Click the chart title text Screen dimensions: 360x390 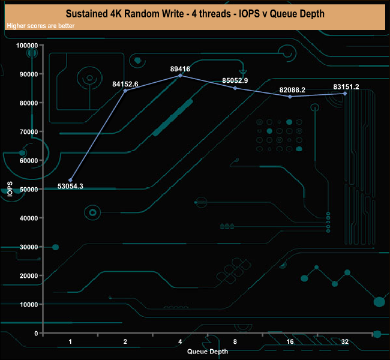pyautogui.click(x=194, y=13)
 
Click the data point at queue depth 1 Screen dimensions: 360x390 pyautogui.click(x=71, y=180)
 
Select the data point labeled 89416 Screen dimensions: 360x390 pyautogui.click(x=181, y=76)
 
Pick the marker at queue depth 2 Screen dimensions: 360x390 pyautogui.click(x=125, y=91)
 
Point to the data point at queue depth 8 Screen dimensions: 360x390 pyautogui.click(x=235, y=88)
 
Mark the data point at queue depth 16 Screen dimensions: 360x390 pyautogui.click(x=290, y=97)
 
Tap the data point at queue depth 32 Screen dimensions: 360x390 pyautogui.click(x=345, y=94)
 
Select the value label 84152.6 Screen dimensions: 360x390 pyautogui.click(x=125, y=84)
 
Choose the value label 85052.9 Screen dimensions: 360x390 pyautogui.click(x=235, y=80)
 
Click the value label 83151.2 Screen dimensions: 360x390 pyautogui.click(x=346, y=87)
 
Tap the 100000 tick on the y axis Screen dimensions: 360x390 pyautogui.click(x=28, y=46)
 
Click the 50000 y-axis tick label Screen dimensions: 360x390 pyautogui.click(x=29, y=190)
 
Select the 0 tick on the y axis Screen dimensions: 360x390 pyautogui.click(x=37, y=333)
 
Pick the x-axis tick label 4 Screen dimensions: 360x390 pyautogui.click(x=181, y=341)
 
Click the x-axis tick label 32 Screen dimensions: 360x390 pyautogui.click(x=345, y=341)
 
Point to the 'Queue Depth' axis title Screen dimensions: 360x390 pyautogui.click(x=208, y=352)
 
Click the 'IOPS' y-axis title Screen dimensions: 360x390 pyautogui.click(x=10, y=189)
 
